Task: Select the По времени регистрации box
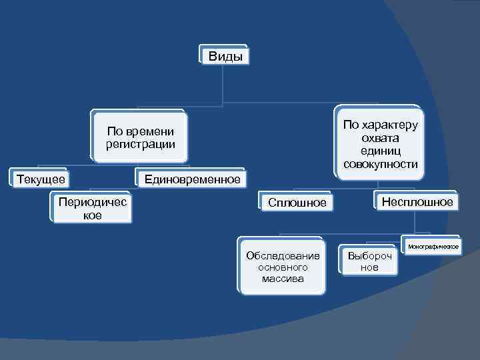point(140,137)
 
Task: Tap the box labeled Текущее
point(41,179)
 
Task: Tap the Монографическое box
point(433,247)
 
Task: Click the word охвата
point(381,138)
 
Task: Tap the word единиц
point(381,151)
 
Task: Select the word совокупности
point(381,164)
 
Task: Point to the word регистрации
point(140,143)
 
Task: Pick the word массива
point(283,279)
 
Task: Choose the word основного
point(283,267)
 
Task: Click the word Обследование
point(283,255)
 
